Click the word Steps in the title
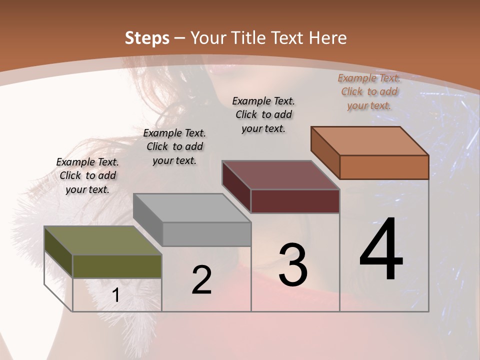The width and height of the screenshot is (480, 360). coord(147,38)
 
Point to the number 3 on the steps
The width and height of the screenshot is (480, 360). coord(293,264)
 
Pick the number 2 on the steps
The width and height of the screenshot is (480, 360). coord(201,280)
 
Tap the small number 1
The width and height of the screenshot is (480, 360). coord(116,295)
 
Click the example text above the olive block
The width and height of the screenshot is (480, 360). coord(87,175)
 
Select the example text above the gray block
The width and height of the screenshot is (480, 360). coord(174,146)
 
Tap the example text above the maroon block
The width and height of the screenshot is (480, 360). coord(263,114)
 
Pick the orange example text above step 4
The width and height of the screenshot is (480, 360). coord(369,91)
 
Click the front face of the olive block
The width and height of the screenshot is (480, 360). coord(117,266)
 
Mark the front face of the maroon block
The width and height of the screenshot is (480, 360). coord(295,201)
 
